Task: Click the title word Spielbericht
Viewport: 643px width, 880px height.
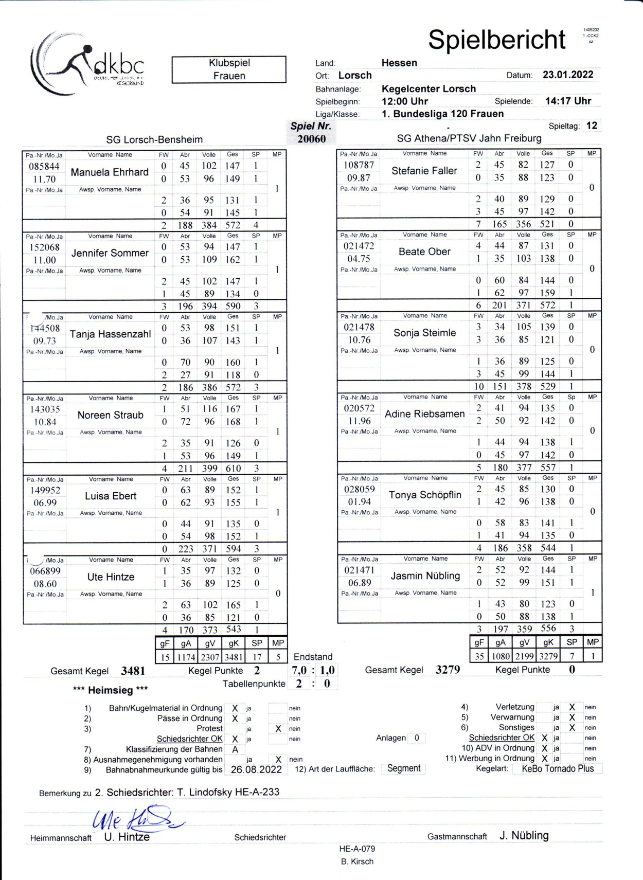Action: (x=496, y=40)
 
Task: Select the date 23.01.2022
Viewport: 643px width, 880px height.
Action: (x=568, y=75)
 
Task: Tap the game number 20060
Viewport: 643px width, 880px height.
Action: (x=311, y=139)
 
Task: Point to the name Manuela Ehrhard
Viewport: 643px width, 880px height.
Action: (x=110, y=172)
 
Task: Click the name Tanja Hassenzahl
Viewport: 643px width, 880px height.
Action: (x=110, y=334)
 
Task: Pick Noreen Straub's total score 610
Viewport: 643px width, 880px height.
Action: (x=233, y=469)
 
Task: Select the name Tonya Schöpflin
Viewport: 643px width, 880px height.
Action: (x=425, y=495)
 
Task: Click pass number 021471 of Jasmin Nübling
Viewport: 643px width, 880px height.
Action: (x=359, y=570)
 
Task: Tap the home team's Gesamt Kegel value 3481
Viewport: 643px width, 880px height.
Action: (x=133, y=671)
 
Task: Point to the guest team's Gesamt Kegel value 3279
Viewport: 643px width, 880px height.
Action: (x=448, y=670)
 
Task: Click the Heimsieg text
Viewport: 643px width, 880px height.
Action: (x=110, y=690)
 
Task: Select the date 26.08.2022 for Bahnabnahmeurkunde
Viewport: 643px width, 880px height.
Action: (x=256, y=769)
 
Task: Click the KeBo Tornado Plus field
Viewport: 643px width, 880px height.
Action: (x=558, y=768)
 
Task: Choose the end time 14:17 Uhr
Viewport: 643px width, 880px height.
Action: (x=568, y=101)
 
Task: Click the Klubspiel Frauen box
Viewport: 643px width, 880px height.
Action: (x=229, y=69)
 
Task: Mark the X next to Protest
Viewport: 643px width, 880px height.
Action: (x=278, y=729)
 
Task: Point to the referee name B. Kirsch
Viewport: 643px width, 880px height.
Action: (x=357, y=861)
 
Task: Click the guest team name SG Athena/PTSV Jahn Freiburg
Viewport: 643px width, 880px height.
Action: (x=469, y=138)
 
